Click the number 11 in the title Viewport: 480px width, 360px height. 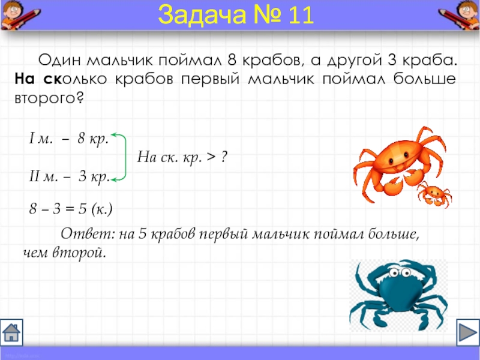tap(301, 14)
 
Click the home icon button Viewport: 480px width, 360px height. tap(11, 332)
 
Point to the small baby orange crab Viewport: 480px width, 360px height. tap(434, 194)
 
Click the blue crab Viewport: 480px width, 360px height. tap(398, 295)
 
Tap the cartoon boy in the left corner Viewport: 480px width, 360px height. tap(19, 14)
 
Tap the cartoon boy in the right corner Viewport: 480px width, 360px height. tap(460, 14)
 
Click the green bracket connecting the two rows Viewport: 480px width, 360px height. tap(125, 157)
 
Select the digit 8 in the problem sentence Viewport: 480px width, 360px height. tap(232, 60)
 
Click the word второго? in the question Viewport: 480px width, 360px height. tap(49, 98)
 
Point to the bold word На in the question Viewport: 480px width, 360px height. tap(25, 79)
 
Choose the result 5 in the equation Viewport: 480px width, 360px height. tap(83, 209)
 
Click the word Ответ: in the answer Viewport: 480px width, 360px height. tap(88, 234)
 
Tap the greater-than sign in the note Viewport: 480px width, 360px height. tap(211, 157)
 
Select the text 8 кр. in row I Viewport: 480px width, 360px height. tap(93, 139)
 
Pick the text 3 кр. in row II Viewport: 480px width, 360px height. tap(94, 176)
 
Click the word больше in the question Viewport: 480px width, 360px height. tap(425, 79)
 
